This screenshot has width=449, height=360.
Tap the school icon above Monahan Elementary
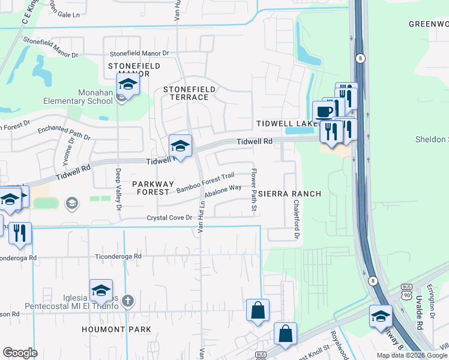tap(128, 85)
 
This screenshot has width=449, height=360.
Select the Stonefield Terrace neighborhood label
tap(189, 93)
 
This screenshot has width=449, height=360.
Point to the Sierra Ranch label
tap(290, 194)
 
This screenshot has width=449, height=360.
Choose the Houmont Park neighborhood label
tap(116, 329)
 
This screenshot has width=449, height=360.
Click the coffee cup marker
tap(324, 112)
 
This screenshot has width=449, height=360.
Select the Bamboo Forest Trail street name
tap(205, 182)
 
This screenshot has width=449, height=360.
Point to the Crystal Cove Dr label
tap(169, 218)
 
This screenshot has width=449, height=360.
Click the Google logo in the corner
tap(20, 352)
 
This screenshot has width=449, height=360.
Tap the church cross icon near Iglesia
tap(127, 299)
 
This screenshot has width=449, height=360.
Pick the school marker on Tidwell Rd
tap(180, 146)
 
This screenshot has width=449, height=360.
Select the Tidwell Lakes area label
tap(285, 123)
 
